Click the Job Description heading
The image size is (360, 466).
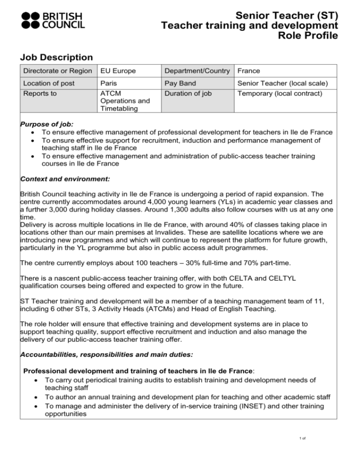(57, 57)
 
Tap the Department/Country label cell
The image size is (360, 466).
(197, 71)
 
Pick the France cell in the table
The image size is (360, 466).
(249, 71)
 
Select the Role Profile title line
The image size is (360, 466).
(309, 36)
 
